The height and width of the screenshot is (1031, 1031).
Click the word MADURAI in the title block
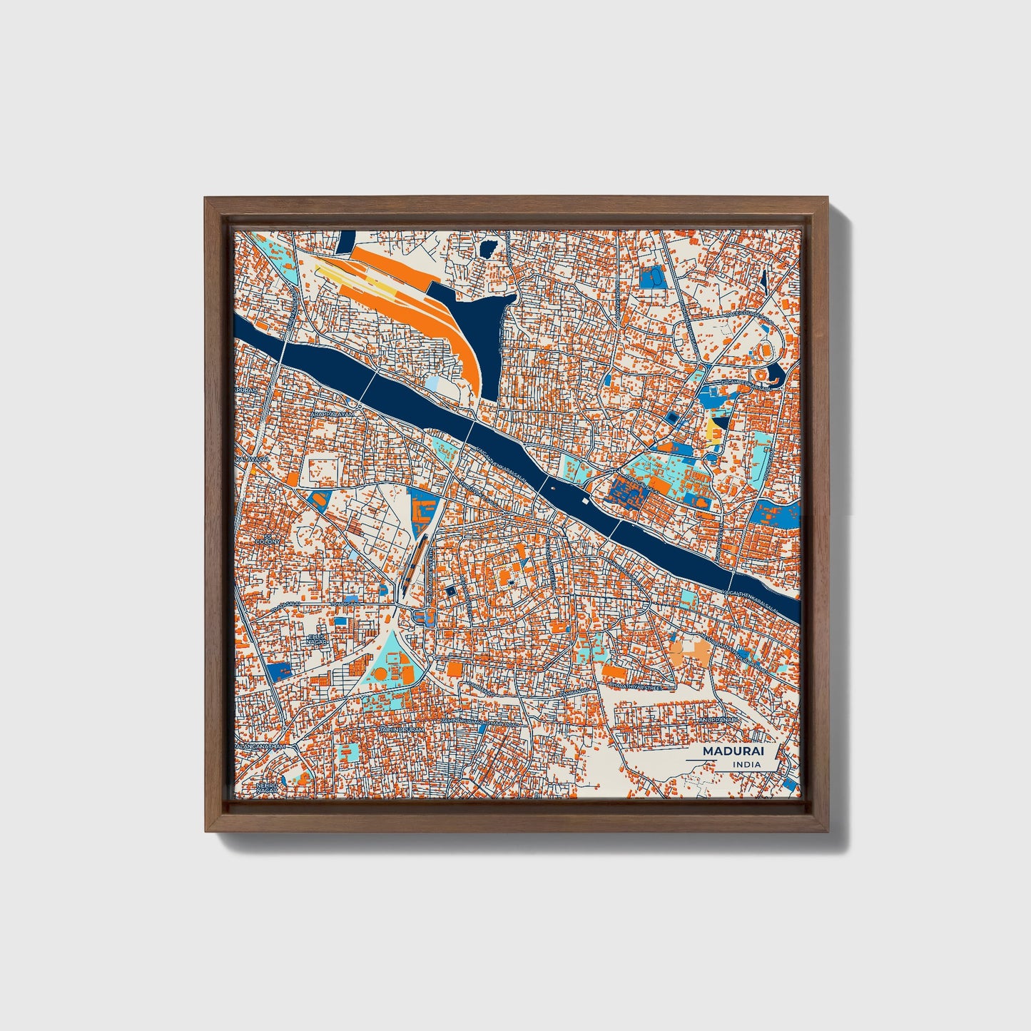[x=731, y=751]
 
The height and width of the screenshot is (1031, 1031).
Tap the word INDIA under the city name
[x=746, y=765]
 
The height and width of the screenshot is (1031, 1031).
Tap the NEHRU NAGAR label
[x=265, y=788]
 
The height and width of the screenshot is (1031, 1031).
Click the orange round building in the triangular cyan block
[x=380, y=674]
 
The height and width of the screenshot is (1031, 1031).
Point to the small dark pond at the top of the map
[x=489, y=249]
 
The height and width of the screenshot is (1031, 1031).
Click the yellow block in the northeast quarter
[x=712, y=430]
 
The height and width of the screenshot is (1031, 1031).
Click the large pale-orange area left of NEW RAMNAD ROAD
[x=690, y=651]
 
